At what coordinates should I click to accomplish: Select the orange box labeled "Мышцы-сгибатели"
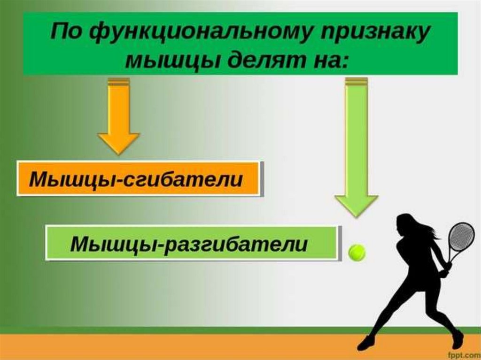(139, 179)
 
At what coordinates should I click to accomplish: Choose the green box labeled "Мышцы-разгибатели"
(192, 243)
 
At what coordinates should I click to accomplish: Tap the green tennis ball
(357, 252)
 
